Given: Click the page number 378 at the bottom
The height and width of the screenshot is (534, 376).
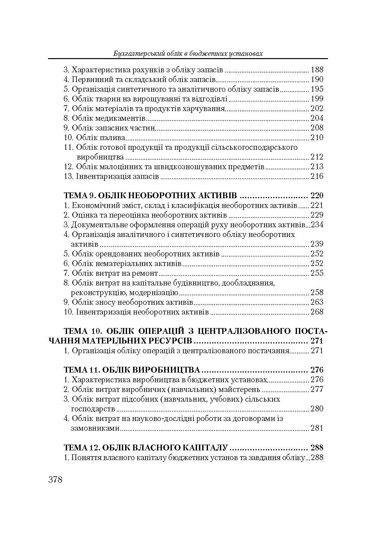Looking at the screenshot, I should pos(55,479).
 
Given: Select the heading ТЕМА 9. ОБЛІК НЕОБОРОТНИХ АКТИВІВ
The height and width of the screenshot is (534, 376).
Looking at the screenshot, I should pos(151,196).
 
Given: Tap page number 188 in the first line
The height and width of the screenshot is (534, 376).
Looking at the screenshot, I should pos(317,70).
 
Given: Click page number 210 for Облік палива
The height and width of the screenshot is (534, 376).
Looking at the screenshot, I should pos(317,138).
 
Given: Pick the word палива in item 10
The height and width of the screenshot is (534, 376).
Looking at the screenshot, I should pos(114,138).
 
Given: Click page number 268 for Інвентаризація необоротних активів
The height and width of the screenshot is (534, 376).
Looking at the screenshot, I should pos(317,312).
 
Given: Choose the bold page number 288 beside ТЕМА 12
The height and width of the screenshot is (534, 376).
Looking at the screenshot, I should pos(316,447).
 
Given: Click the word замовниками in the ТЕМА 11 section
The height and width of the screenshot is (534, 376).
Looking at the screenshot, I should pos(95,428).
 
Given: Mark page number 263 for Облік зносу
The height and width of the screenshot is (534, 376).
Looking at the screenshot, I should pos(317,302).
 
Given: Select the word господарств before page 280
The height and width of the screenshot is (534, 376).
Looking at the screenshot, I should pos(93,409).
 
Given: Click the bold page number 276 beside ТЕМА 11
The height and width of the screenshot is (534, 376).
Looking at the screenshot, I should pos(316,370).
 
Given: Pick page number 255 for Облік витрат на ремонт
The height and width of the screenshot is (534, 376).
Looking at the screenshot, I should pos(317,273).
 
